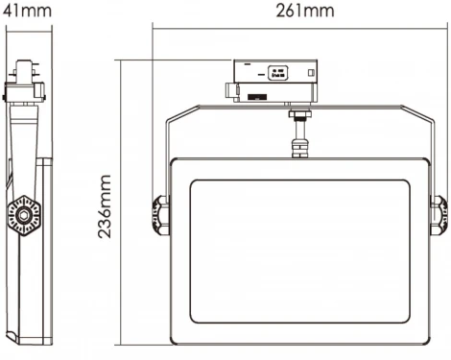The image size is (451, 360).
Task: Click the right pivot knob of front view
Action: point(438,214)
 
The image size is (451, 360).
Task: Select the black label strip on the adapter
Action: point(258,97)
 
